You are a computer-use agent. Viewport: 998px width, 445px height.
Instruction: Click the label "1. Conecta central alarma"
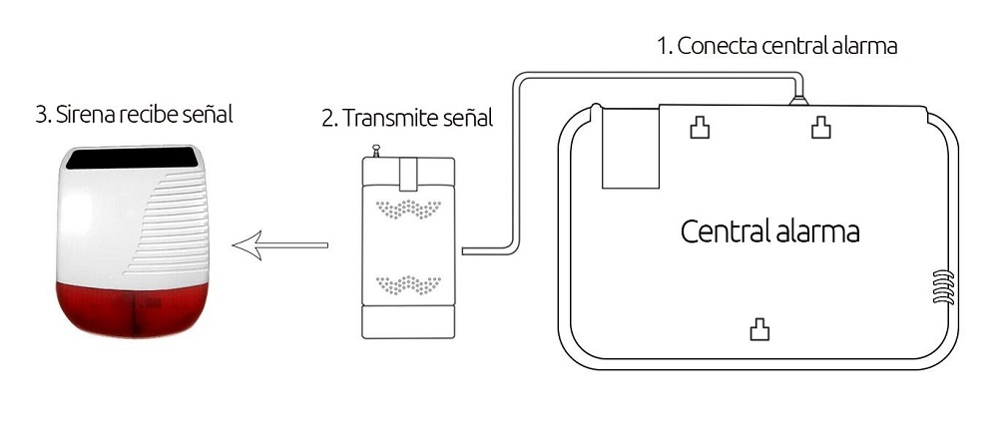tap(777, 46)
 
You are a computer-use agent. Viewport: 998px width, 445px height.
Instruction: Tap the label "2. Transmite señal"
tap(407, 118)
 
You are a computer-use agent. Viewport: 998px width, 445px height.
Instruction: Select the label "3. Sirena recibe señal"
tap(135, 115)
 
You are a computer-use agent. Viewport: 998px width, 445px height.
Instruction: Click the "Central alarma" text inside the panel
tap(770, 230)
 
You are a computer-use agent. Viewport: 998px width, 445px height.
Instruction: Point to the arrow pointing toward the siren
tap(280, 245)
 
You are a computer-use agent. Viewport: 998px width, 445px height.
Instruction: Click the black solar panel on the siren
tap(133, 158)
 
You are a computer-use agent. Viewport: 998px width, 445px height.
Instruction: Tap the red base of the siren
tap(133, 309)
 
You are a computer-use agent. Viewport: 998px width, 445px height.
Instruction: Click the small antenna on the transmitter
tap(376, 151)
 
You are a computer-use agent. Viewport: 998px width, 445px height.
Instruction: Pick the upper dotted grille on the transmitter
tap(408, 209)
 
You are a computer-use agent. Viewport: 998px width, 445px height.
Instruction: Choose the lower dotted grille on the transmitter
tap(408, 284)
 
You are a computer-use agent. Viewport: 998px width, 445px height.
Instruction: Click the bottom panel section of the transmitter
tap(408, 322)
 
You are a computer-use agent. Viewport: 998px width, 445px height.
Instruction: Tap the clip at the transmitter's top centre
tap(408, 174)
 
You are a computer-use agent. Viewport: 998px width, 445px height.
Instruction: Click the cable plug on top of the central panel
tap(798, 100)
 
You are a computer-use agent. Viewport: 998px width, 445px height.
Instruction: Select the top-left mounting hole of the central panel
tap(701, 128)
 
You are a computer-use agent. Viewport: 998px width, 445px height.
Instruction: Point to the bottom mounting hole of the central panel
tap(759, 329)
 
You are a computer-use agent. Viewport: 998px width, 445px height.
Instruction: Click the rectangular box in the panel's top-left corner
tap(631, 148)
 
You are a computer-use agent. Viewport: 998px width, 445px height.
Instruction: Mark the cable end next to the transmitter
tap(465, 251)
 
